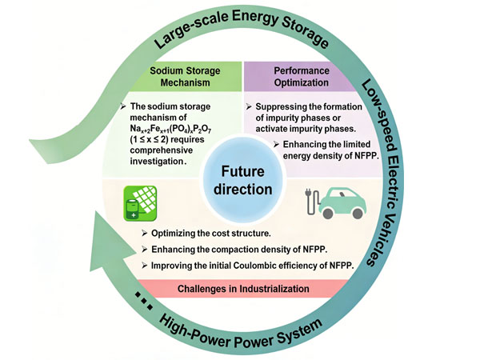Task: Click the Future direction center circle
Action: click(241, 180)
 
